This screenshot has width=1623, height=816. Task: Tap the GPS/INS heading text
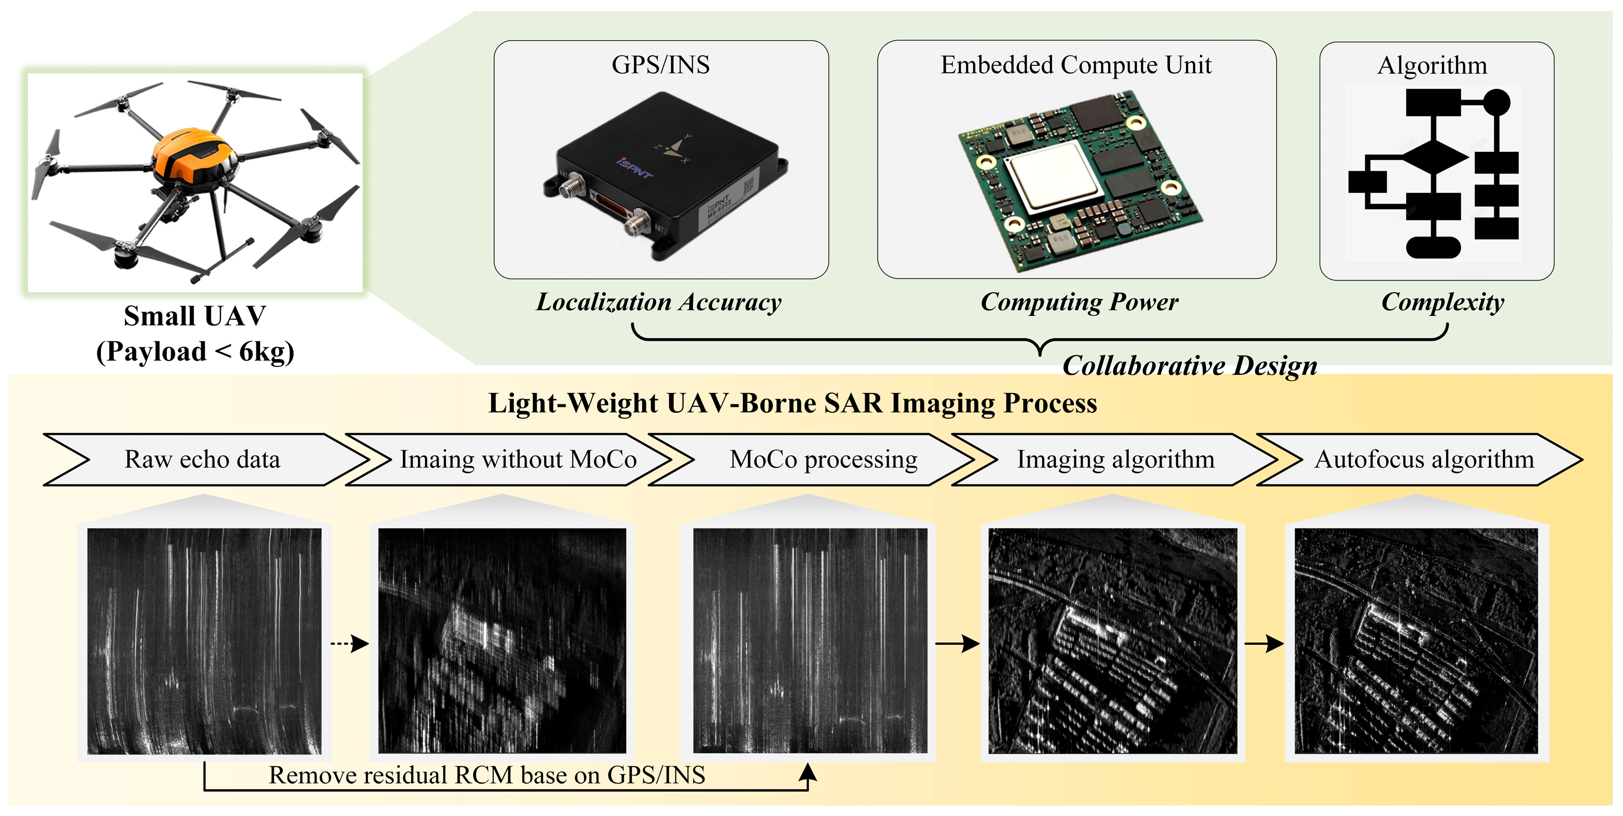pos(660,65)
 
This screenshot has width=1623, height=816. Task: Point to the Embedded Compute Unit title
pos(1075,65)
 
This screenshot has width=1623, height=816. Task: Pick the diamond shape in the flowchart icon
pos(1434,157)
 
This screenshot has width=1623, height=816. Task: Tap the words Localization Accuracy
pos(658,302)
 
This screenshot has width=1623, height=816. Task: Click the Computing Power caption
pos(1079,302)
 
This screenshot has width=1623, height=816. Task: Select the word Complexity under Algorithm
pos(1442,302)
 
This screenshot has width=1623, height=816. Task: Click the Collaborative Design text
pos(1190,365)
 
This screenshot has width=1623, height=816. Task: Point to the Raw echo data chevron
pos(202,459)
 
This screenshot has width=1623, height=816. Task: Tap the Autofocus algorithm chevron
pos(1424,459)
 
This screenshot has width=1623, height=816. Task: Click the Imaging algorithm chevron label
pos(1115,459)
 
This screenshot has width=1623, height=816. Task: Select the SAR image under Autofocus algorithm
pos(1416,640)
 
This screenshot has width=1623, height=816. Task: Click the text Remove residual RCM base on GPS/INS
pos(487,775)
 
